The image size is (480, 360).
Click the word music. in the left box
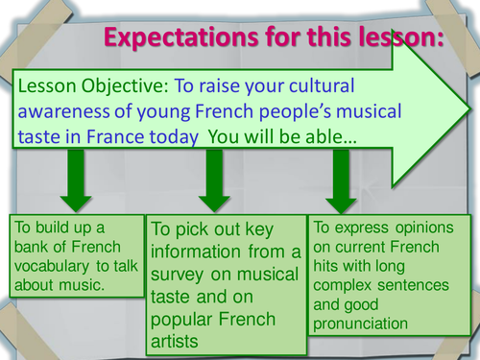(x=81, y=285)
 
